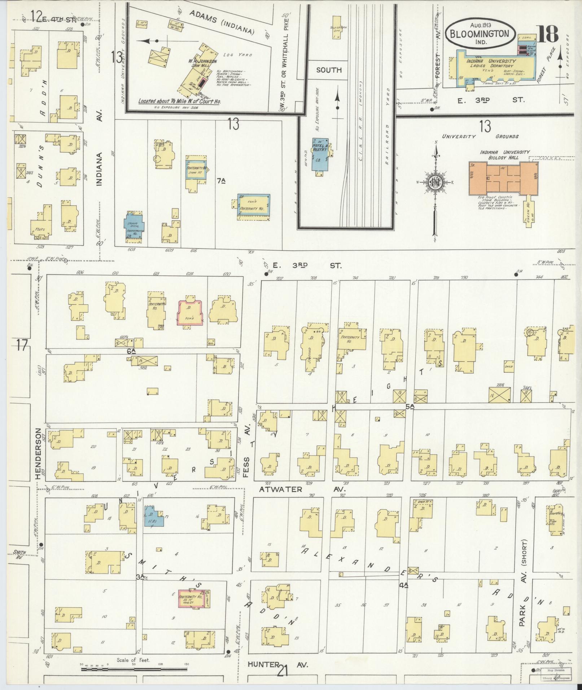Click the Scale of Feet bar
133,669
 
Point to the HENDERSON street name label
39,453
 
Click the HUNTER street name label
263,664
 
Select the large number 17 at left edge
22,346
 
